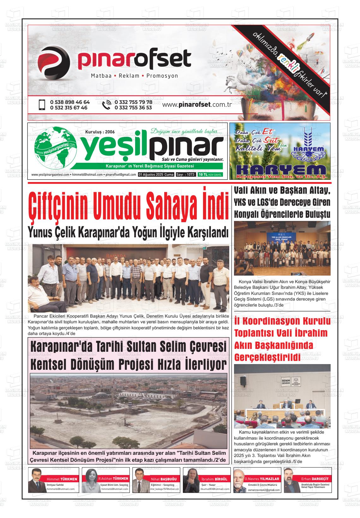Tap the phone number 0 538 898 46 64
pos(70,102)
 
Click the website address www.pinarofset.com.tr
pos(197,105)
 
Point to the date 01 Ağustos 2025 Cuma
pos(156,175)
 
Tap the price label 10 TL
pos(203,175)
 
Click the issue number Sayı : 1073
pos(185,175)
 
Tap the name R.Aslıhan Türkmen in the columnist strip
pos(113,479)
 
